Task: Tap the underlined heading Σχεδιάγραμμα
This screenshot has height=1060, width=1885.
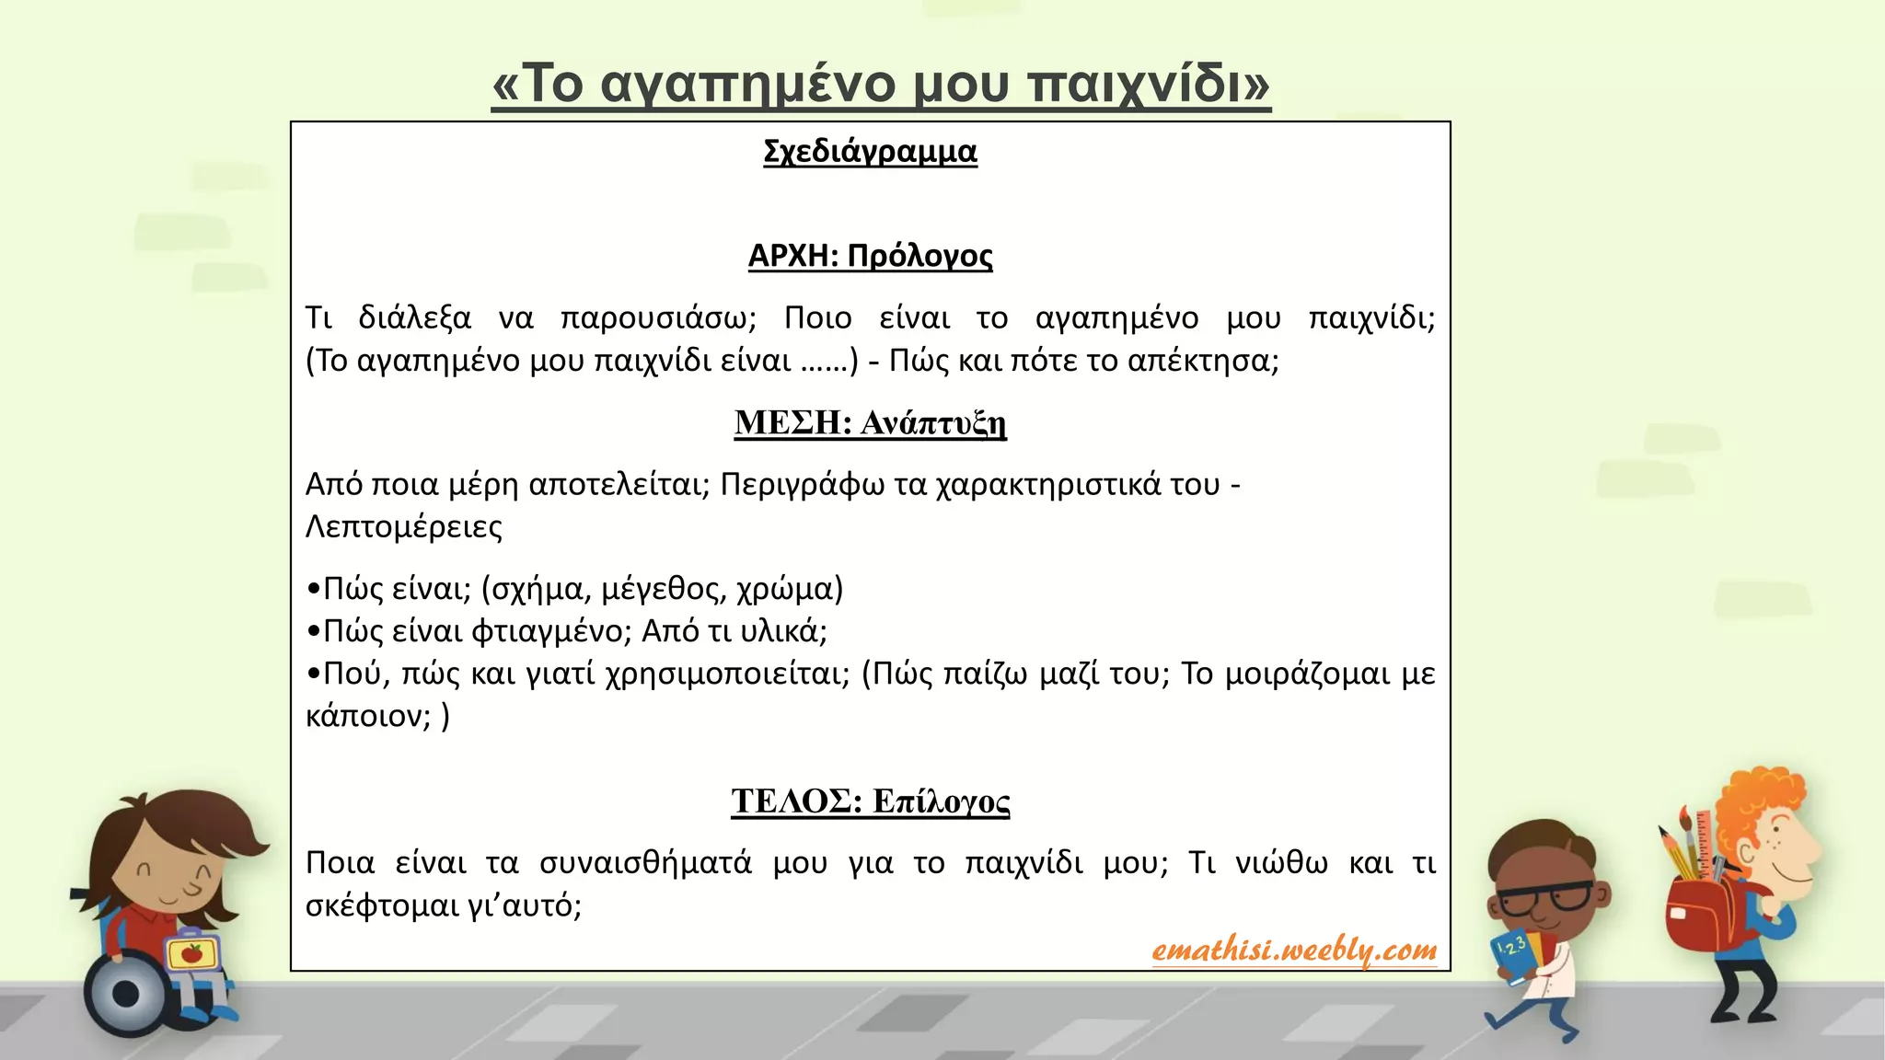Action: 870,151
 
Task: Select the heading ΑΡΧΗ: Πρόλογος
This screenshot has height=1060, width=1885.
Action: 870,255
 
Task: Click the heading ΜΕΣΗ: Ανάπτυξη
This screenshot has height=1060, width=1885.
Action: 870,422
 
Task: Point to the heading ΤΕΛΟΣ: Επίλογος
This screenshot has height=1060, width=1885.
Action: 870,801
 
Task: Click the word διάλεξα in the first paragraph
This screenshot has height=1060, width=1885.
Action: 414,317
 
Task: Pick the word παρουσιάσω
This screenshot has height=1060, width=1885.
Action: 658,318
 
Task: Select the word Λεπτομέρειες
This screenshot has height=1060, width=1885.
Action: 404,527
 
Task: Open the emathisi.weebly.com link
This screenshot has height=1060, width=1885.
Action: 1294,950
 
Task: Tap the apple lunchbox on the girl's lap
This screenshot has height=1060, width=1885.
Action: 193,952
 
